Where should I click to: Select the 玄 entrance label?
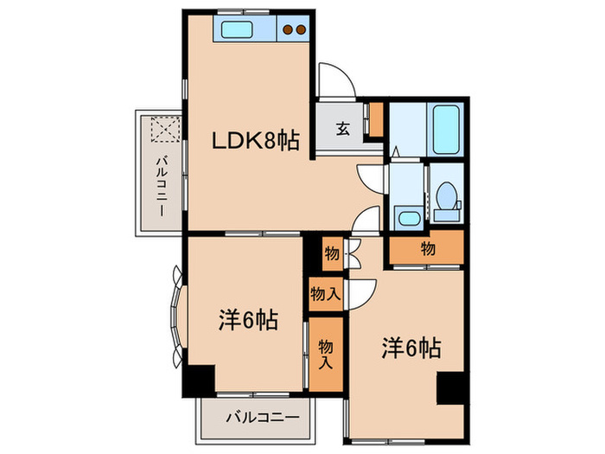(x=342, y=131)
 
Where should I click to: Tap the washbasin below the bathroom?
(x=406, y=216)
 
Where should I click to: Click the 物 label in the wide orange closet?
(x=427, y=249)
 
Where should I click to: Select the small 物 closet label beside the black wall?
(x=331, y=254)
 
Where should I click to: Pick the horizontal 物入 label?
(x=325, y=294)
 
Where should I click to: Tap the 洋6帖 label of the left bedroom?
(x=247, y=321)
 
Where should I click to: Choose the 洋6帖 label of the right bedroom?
(x=412, y=348)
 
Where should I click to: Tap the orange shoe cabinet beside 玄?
(x=374, y=120)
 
